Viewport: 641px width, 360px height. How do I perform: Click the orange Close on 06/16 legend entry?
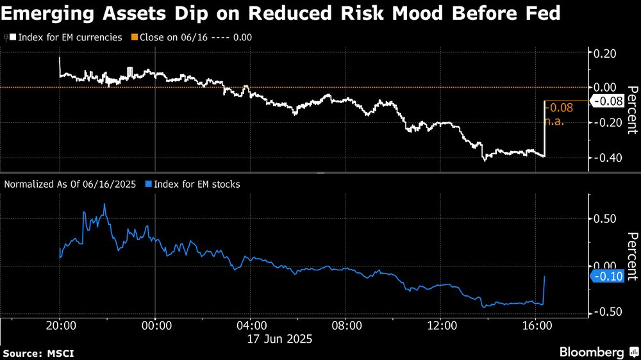194,37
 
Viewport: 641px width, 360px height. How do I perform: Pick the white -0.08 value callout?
607,101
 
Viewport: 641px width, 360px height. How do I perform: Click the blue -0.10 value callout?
606,277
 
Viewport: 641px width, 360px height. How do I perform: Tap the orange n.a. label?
554,121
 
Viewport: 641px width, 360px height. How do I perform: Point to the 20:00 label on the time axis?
60,326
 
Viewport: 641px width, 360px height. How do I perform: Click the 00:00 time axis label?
155,326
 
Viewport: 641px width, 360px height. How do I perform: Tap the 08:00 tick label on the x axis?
345,326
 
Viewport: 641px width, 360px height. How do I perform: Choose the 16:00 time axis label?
536,326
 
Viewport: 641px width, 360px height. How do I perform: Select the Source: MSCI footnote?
36,354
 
